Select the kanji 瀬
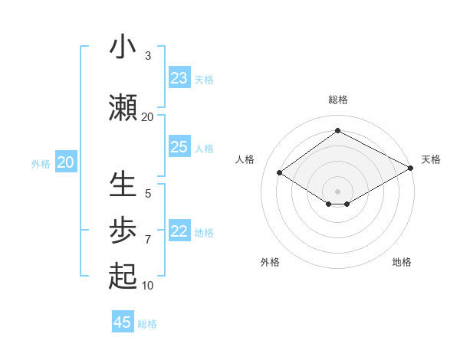[x=123, y=108]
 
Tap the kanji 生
[x=123, y=185]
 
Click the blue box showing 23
[x=179, y=78]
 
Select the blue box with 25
[x=179, y=147]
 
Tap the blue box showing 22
[x=179, y=231]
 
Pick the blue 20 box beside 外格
[x=66, y=162]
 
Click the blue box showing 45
[x=123, y=322]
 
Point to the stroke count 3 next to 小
[x=147, y=56]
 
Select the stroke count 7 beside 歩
[x=147, y=240]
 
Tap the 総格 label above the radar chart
[x=337, y=100]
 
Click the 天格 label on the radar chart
[x=431, y=159]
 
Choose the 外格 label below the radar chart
[x=270, y=262]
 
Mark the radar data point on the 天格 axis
[x=412, y=169]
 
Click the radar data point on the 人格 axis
[x=280, y=173]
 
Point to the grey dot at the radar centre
[x=337, y=190]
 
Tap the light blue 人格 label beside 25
[x=204, y=148]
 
